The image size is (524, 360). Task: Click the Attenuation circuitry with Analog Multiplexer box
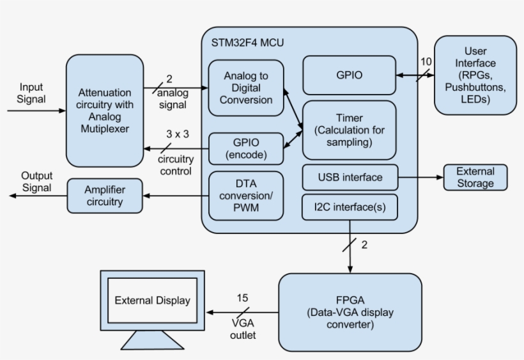[x=104, y=110]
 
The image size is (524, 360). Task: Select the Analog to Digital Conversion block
[x=246, y=88]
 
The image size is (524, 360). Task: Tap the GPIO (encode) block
[x=246, y=148]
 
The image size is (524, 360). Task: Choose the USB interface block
[x=350, y=177]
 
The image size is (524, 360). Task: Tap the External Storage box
[x=475, y=177]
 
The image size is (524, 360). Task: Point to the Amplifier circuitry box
[x=104, y=196]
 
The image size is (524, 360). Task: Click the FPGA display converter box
[x=350, y=312]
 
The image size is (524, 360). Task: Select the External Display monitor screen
[x=152, y=300]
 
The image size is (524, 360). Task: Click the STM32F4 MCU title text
[x=247, y=43]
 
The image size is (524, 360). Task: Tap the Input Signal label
[x=32, y=93]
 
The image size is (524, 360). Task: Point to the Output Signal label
[x=36, y=182]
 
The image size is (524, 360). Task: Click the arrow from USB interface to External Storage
[x=420, y=177]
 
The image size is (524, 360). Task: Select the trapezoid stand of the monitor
[x=152, y=341]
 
